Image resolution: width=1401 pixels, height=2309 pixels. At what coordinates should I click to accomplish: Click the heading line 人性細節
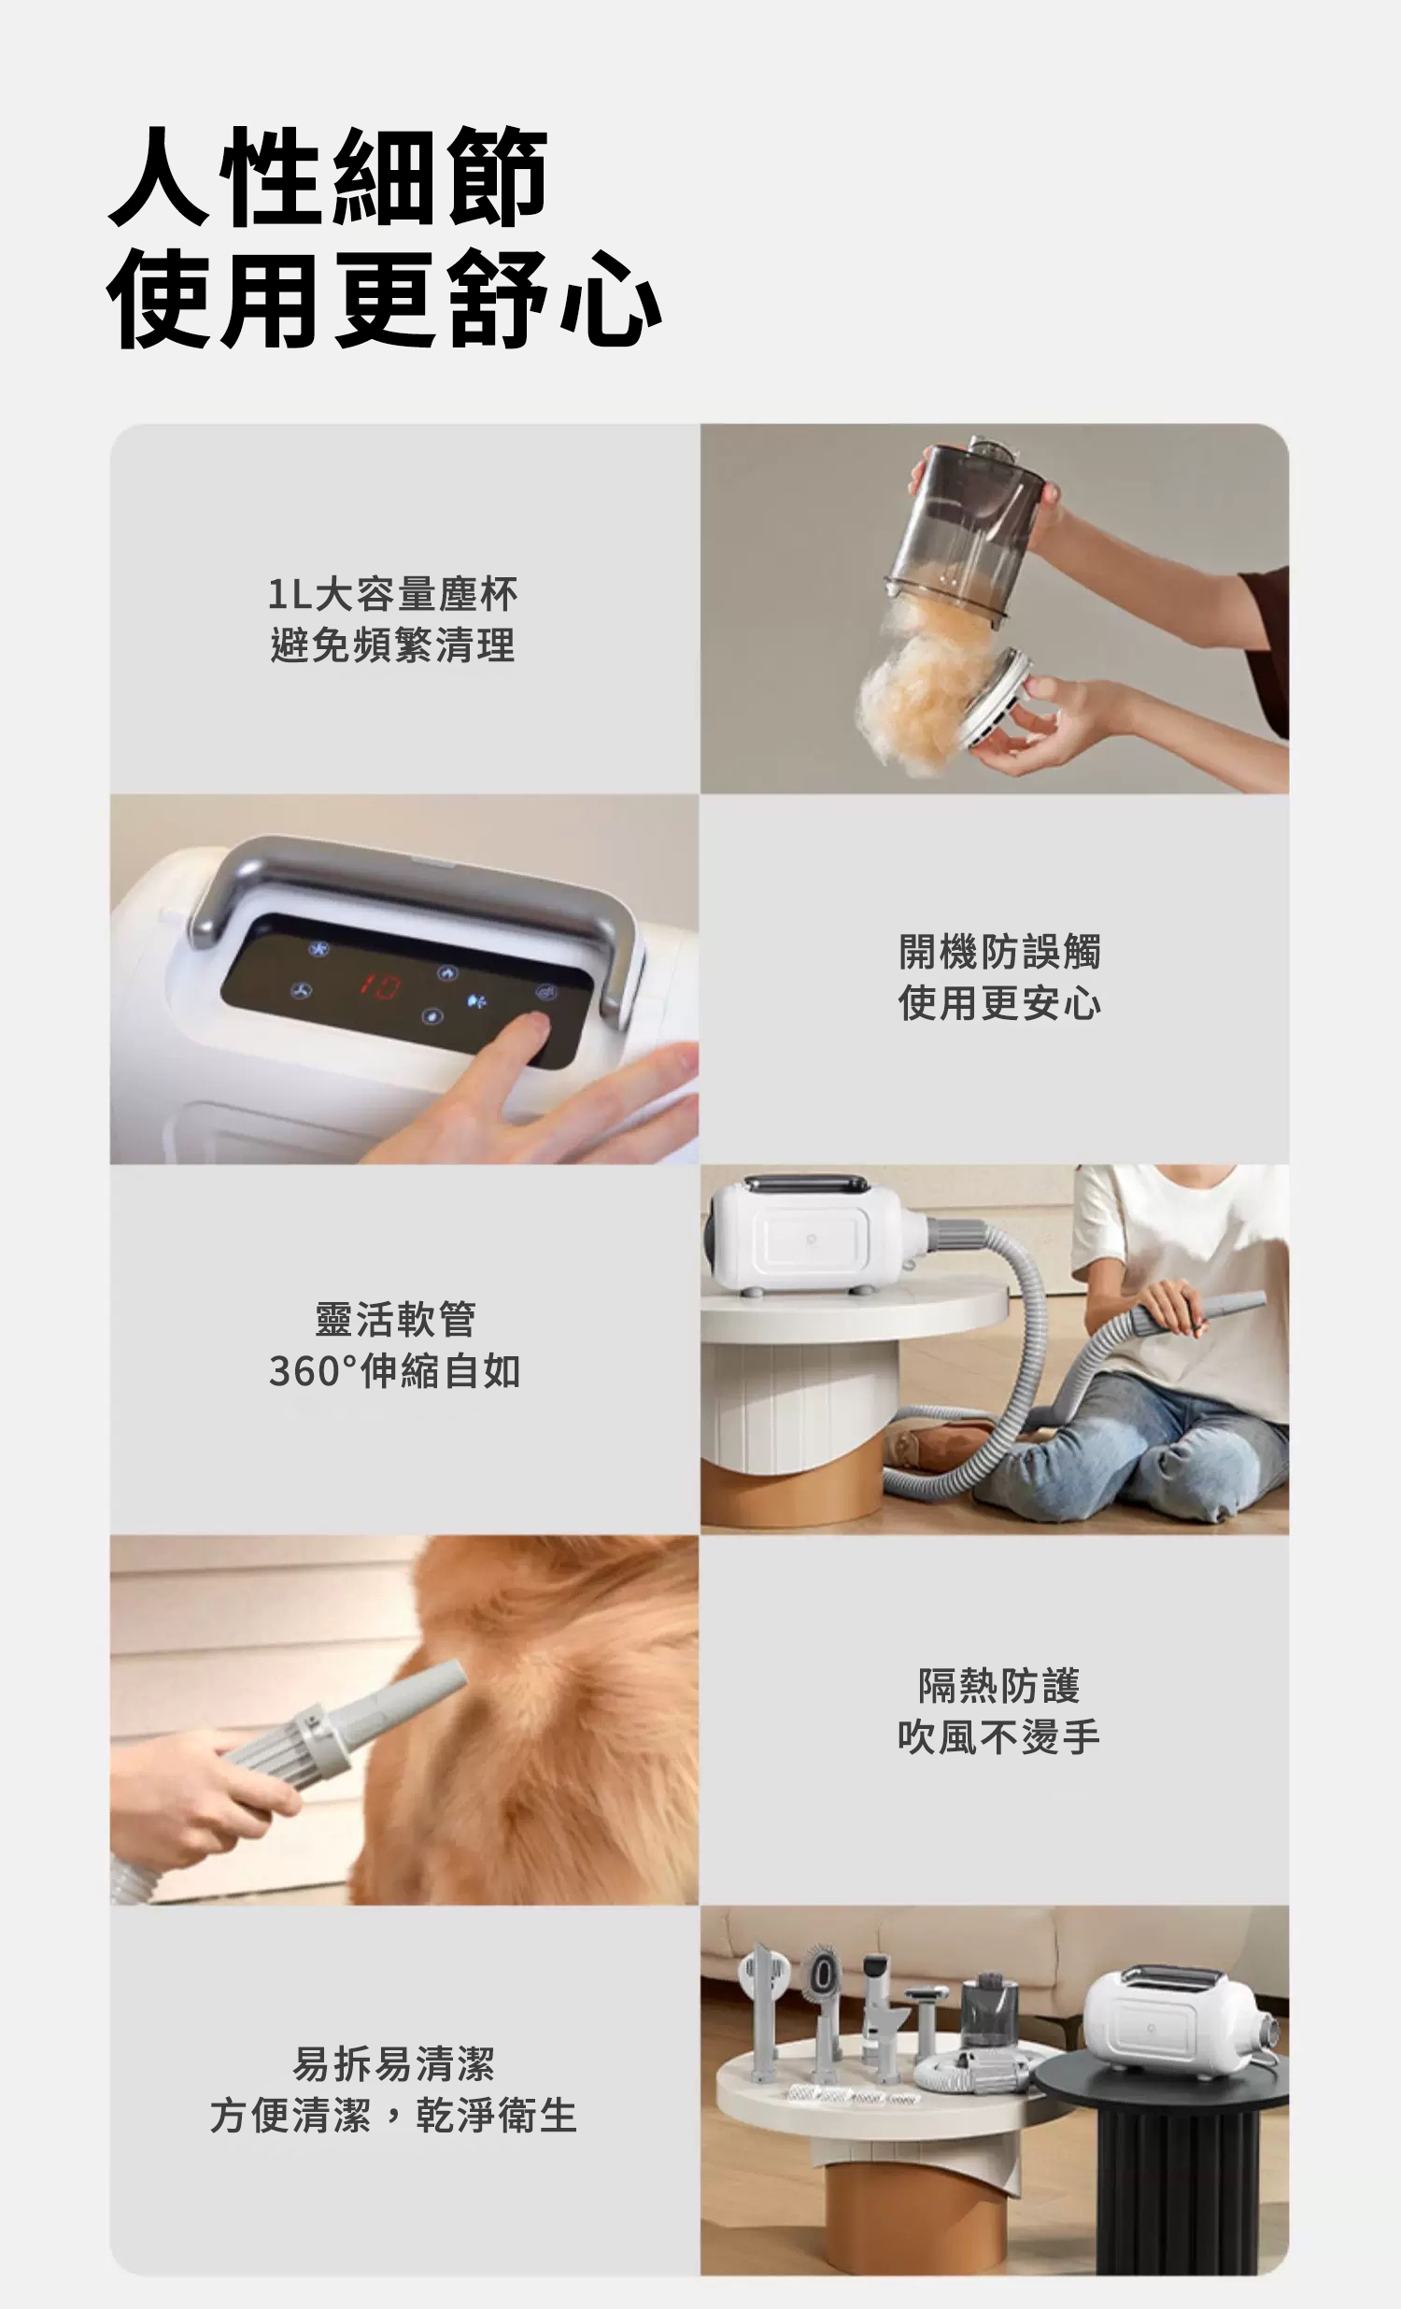[328, 177]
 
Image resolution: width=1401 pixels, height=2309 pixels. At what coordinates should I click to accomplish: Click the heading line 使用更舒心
[385, 300]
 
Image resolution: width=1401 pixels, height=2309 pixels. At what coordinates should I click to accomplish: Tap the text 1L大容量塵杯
[392, 594]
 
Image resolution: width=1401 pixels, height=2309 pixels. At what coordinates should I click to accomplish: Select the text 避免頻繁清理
[392, 645]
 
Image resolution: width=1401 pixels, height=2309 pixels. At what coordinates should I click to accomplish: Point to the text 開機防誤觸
[1000, 952]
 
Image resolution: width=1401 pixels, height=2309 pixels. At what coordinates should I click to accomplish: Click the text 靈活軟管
[395, 1320]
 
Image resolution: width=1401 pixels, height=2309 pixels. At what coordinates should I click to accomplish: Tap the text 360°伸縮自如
[394, 1371]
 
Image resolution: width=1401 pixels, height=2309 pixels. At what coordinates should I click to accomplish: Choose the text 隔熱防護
[999, 1686]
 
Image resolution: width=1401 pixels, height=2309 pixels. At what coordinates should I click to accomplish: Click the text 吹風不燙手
[999, 1737]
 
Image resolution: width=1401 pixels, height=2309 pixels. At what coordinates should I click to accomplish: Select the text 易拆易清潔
[393, 2063]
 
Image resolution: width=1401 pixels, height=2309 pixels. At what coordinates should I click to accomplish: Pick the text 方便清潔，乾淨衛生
[393, 2115]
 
